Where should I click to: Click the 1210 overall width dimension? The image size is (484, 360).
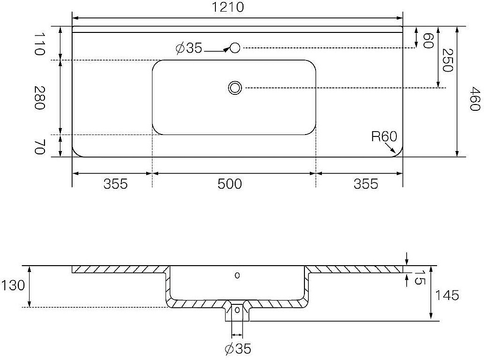pos(228,7)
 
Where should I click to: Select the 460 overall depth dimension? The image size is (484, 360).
pos(475,99)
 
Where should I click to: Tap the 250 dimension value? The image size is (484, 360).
pos(447,60)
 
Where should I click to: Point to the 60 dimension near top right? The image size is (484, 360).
pos(428,41)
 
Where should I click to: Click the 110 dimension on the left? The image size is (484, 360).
pos(39,44)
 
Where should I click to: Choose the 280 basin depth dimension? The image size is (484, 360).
pos(39,98)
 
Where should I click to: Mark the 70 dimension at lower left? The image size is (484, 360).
pos(39,147)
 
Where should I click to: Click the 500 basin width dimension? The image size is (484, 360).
pos(229,184)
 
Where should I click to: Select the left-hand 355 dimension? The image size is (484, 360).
pos(116,184)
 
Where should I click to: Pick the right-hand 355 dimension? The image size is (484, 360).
pos(366,184)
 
